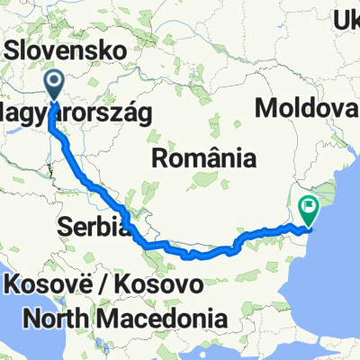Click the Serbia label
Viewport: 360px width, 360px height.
94,226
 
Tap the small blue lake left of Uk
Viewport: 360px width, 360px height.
316,24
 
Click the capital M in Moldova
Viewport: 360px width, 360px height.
266,109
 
